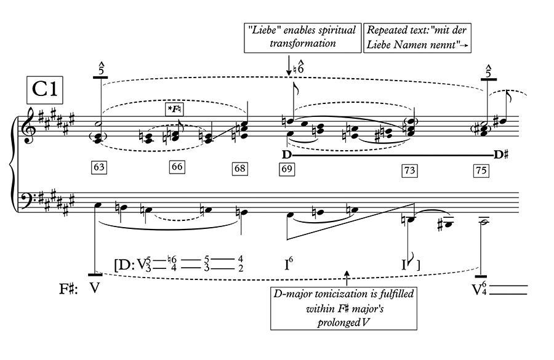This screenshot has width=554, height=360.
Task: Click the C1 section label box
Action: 45,90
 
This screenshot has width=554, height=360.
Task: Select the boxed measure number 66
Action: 177,167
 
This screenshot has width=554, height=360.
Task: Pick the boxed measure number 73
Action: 409,170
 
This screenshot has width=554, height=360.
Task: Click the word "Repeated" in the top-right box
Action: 387,30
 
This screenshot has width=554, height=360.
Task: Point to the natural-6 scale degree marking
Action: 301,64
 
